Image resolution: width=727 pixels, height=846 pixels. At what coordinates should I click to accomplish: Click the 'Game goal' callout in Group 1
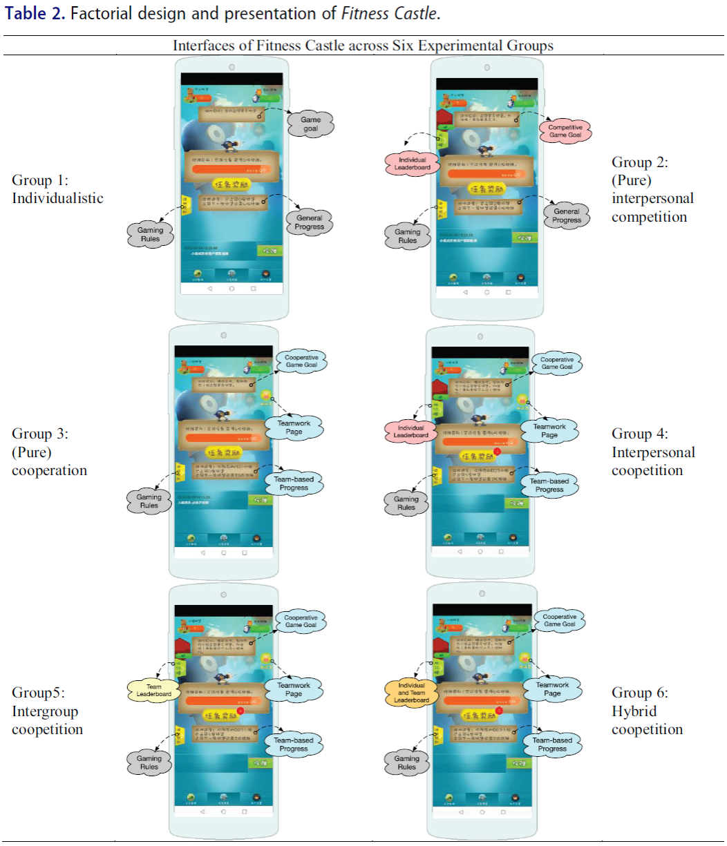tap(311, 124)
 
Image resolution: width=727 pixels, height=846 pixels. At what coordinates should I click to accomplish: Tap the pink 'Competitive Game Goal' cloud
tap(565, 131)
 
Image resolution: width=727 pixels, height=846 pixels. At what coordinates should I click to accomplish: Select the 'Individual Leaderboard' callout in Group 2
tap(412, 164)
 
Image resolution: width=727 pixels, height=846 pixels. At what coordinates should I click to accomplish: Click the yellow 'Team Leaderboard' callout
tap(153, 691)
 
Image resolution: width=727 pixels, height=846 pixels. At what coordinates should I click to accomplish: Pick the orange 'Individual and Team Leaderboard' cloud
tap(411, 693)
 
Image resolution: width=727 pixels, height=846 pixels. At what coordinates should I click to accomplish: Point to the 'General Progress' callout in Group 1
tap(309, 222)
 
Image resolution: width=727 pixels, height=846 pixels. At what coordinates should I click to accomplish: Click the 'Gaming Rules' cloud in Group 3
tap(149, 501)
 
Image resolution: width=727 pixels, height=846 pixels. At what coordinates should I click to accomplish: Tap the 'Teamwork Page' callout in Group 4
tap(549, 431)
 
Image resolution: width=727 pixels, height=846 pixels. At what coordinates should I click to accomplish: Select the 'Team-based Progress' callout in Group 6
tap(552, 744)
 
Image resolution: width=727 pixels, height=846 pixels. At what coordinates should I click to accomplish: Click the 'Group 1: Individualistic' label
tap(57, 189)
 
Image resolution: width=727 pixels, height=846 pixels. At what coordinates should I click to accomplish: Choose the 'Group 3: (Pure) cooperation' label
tap(49, 452)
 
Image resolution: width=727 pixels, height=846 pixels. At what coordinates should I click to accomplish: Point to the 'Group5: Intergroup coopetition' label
tap(47, 711)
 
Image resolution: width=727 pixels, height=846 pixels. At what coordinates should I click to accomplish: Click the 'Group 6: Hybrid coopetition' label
tap(647, 711)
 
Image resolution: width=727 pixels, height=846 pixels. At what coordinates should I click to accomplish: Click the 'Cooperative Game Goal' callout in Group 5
tap(301, 622)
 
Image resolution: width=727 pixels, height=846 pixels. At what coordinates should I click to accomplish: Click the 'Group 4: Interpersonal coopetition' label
tap(653, 452)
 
